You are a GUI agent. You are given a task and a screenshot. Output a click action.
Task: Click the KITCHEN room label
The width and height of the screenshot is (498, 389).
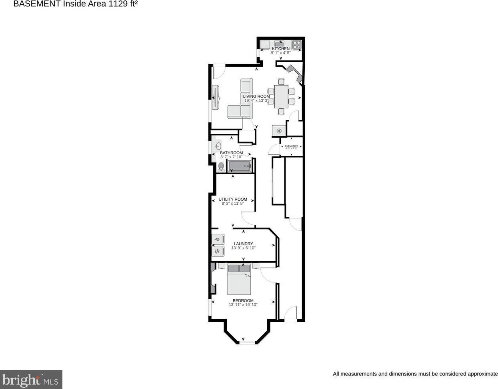[x=280, y=48]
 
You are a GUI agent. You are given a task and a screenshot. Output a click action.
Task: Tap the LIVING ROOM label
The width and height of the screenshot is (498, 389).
[x=256, y=96]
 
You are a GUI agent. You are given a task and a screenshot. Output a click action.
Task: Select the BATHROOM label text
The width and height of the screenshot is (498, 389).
[x=231, y=153]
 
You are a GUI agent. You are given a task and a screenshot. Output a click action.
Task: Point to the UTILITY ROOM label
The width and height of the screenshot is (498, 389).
[x=232, y=199]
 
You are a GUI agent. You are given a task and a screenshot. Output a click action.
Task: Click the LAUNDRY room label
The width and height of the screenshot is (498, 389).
[x=243, y=244]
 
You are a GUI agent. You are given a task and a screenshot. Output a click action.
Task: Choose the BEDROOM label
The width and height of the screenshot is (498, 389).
[x=243, y=300]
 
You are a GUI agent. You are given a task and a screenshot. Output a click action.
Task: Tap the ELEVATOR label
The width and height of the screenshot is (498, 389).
[x=291, y=146]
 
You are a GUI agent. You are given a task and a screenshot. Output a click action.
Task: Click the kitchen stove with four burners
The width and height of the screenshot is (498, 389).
[x=296, y=44]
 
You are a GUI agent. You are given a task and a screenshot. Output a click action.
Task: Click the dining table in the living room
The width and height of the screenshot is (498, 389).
[x=281, y=97]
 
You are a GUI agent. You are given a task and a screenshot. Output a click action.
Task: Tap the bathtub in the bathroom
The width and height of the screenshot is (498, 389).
[x=239, y=166]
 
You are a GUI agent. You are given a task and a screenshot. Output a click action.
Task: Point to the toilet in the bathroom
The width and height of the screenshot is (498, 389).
[x=221, y=166]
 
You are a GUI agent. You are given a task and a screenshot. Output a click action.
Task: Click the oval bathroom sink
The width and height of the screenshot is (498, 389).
[x=218, y=146]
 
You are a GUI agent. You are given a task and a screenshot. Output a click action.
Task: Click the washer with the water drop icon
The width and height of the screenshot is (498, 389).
[x=217, y=239]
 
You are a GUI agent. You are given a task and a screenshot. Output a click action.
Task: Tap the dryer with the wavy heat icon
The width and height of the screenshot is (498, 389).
[x=217, y=251]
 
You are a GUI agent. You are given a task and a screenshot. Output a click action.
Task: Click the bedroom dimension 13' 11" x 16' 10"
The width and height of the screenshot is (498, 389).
[x=243, y=305]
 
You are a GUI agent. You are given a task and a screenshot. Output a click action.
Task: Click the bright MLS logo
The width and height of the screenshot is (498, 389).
[x=31, y=379]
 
